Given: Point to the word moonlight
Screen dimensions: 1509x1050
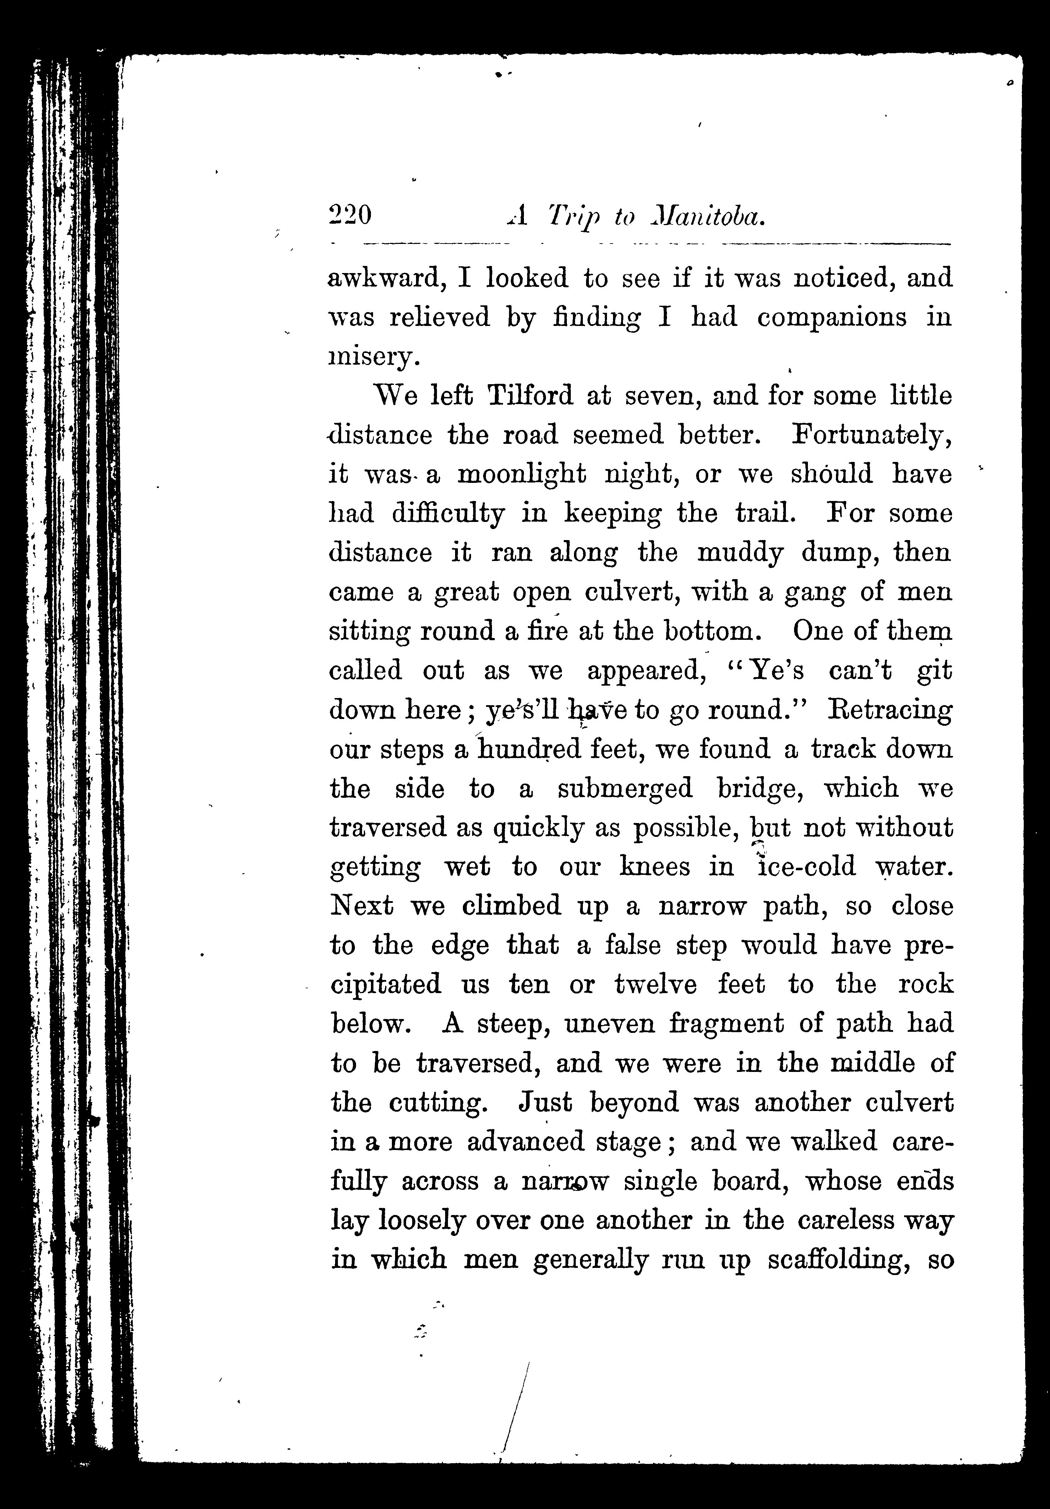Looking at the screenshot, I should coord(521,474).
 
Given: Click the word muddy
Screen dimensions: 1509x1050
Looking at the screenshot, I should coord(740,553).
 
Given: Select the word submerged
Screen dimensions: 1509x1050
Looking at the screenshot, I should coord(625,789).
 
